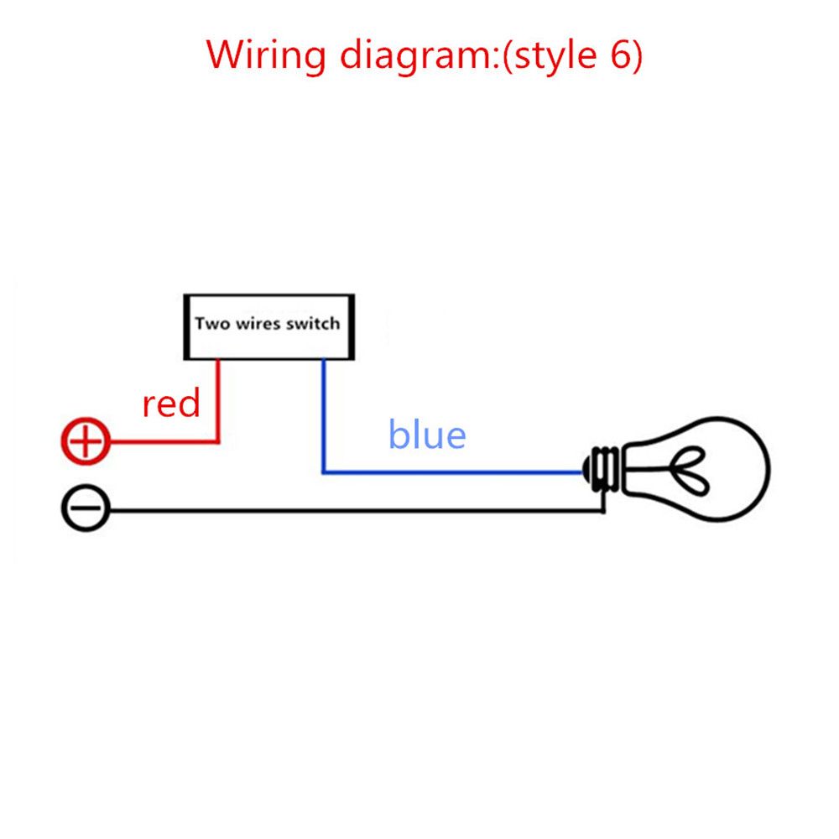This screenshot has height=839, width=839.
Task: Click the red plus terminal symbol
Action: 86,441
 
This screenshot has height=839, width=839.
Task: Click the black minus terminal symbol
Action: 86,508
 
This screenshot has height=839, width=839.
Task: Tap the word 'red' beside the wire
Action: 170,404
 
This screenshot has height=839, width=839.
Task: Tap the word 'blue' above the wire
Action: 427,434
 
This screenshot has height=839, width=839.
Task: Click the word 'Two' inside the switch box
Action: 212,323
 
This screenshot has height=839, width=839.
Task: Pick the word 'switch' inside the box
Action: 313,323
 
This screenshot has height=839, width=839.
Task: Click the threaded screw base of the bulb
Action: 603,469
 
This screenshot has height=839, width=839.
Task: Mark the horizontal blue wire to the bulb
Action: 453,472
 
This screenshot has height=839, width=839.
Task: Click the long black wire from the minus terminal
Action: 357,511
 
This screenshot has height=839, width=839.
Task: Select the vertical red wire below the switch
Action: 218,400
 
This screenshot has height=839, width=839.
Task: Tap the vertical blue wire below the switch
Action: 323,416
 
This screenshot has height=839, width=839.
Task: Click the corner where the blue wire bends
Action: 323,472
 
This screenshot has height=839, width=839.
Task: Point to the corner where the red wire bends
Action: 218,441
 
